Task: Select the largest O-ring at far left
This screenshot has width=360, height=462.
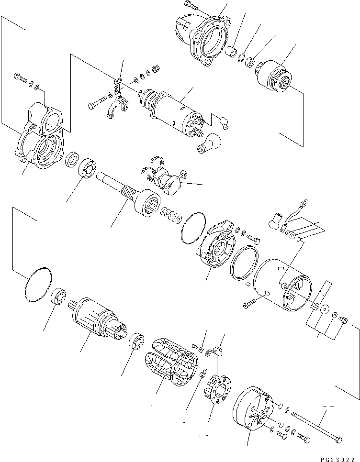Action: point(36,285)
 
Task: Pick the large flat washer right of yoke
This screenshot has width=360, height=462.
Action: point(325,309)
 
